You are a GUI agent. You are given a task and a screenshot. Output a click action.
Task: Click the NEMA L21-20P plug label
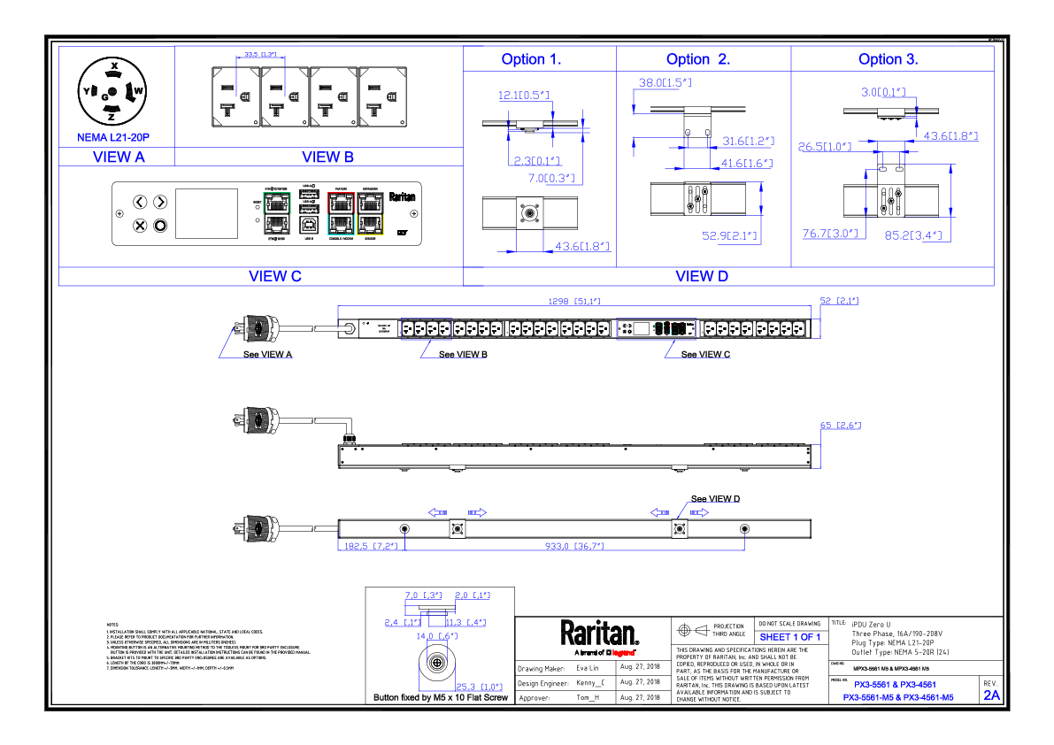[x=114, y=138]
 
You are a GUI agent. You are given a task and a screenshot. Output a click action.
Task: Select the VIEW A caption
[x=118, y=157]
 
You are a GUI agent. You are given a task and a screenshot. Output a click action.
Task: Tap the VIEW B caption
[x=327, y=157]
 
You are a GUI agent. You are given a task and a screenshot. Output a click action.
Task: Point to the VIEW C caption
[x=274, y=276]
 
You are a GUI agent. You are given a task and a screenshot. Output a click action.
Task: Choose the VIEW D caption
[x=702, y=276]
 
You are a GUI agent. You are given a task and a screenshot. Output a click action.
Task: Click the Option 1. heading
[x=531, y=59]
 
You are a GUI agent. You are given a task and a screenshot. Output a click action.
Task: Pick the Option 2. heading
[x=698, y=59]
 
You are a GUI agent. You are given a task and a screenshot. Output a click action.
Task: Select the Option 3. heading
[x=888, y=59]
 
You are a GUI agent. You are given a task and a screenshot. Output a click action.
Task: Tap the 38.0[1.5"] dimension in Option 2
[x=665, y=82]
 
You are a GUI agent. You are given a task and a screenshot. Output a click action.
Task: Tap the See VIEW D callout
[x=715, y=499]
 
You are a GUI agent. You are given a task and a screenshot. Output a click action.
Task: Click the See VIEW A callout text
[x=267, y=354]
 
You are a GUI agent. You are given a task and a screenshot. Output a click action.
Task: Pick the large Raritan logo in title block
[x=599, y=634]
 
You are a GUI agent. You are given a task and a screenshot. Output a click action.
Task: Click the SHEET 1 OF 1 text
[x=789, y=637]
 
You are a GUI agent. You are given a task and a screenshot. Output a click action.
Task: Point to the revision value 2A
[x=991, y=695]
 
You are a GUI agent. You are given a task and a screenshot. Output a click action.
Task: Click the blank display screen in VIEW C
[x=206, y=213]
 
